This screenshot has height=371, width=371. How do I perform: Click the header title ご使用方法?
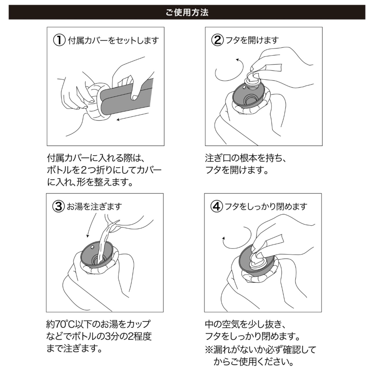[187, 12]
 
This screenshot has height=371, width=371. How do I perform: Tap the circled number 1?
[59, 40]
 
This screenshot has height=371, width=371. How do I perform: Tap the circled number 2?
[217, 40]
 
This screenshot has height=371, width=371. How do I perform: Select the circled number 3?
[58, 207]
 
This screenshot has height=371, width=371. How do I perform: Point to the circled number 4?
[217, 207]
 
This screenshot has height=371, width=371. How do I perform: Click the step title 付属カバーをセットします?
[113, 41]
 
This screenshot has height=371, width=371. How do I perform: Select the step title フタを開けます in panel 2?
[252, 40]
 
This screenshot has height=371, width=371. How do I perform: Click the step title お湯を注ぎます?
[94, 207]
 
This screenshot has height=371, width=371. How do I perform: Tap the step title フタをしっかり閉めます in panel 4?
[266, 207]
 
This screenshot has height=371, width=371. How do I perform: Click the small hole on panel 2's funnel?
[244, 87]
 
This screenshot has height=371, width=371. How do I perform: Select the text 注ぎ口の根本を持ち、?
[246, 158]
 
